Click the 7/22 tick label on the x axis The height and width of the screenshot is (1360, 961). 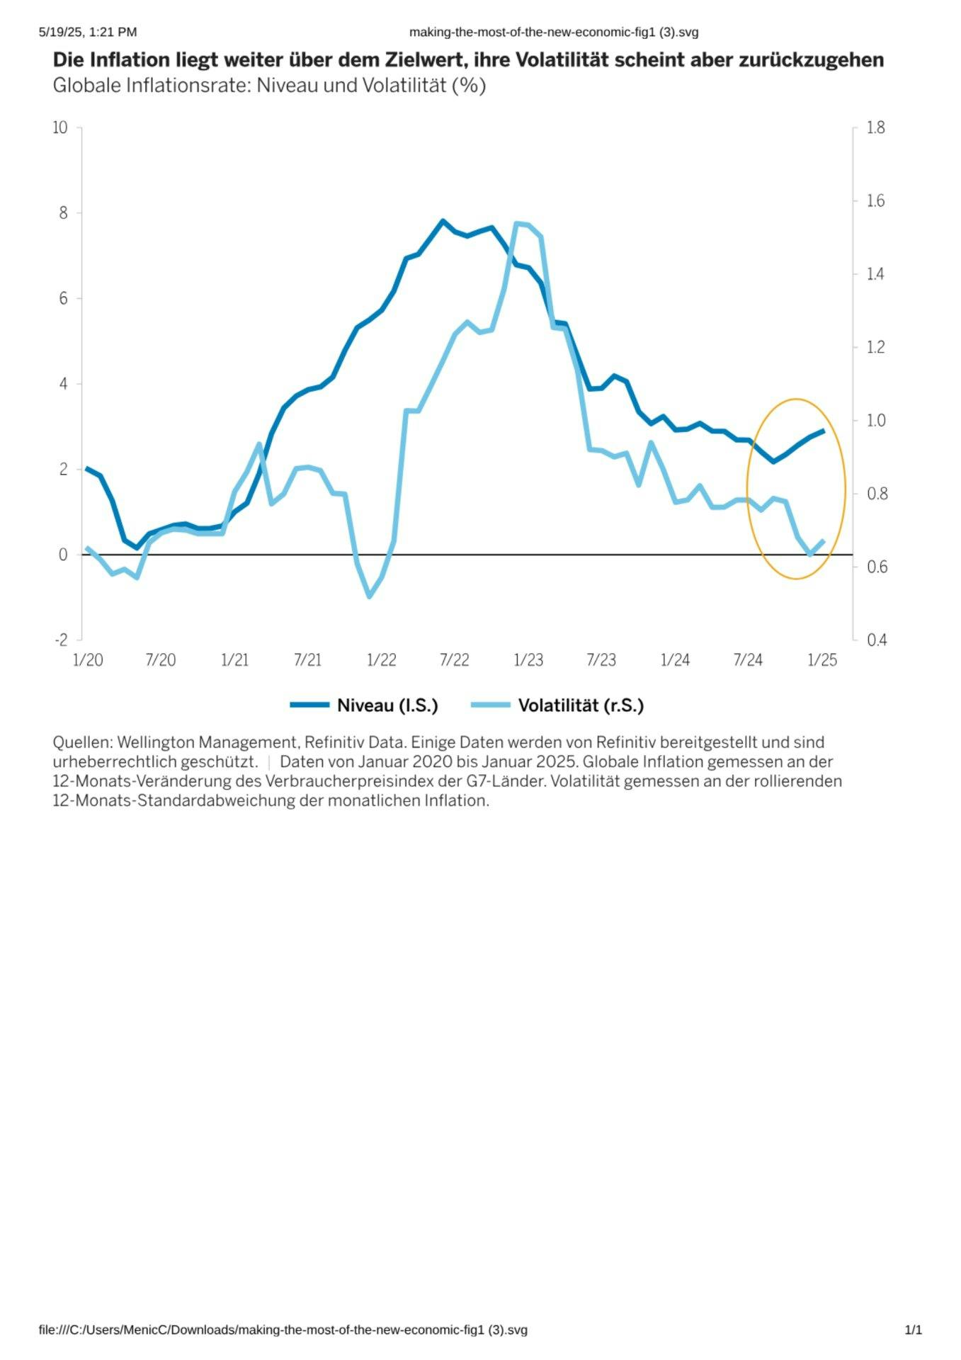click(454, 660)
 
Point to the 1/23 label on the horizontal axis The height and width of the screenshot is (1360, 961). click(528, 660)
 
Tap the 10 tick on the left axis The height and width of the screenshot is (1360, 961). click(60, 127)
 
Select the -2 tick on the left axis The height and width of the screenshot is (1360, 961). click(61, 640)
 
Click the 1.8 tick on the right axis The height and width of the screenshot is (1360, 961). click(876, 127)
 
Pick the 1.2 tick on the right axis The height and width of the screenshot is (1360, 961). click(876, 347)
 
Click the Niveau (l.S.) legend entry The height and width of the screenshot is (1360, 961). click(387, 705)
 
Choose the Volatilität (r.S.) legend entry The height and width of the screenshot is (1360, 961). click(580, 705)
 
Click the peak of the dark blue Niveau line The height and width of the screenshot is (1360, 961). click(443, 221)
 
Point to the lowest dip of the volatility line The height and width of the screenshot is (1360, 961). click(369, 596)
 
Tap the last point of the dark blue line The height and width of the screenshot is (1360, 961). click(823, 431)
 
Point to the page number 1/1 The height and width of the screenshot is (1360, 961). click(913, 1330)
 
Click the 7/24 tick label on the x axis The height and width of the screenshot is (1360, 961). click(748, 660)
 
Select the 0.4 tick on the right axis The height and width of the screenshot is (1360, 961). click(876, 640)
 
